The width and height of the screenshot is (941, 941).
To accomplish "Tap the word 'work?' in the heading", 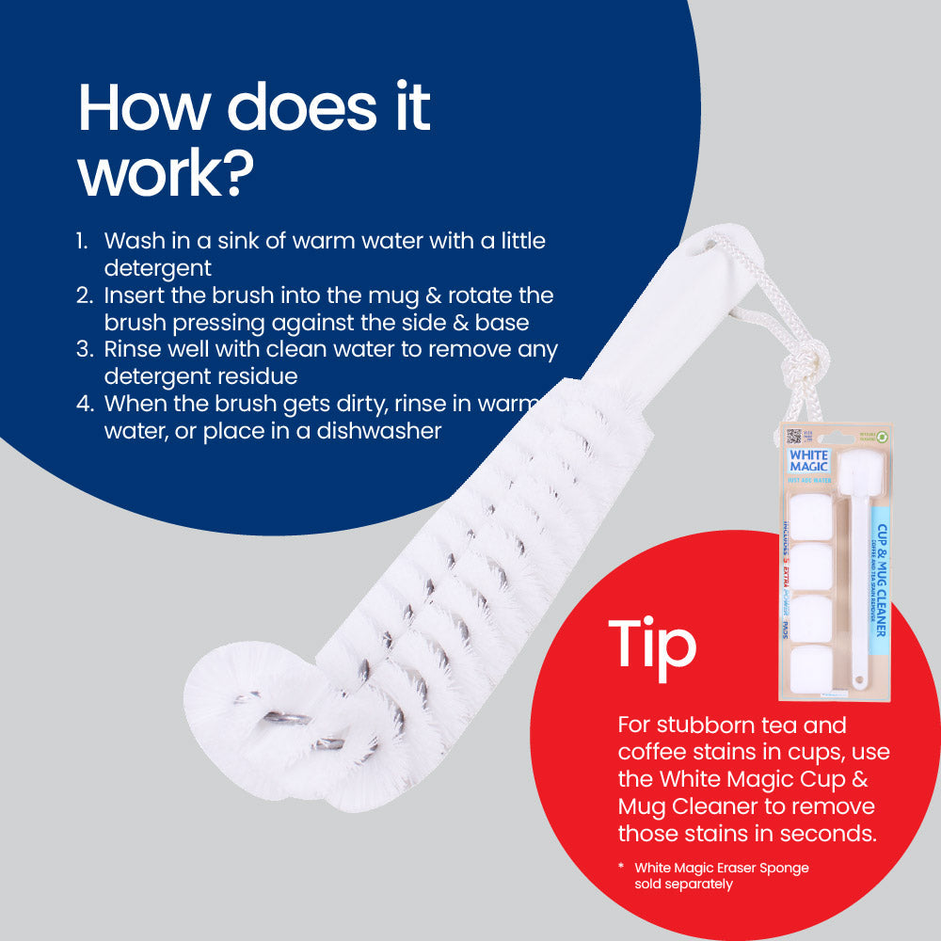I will (167, 174).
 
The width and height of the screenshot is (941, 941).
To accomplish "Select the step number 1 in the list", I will (82, 241).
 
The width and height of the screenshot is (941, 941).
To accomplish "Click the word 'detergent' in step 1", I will (158, 268).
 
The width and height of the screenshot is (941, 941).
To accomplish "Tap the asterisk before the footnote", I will (622, 867).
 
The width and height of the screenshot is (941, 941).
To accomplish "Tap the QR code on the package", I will (793, 437).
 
